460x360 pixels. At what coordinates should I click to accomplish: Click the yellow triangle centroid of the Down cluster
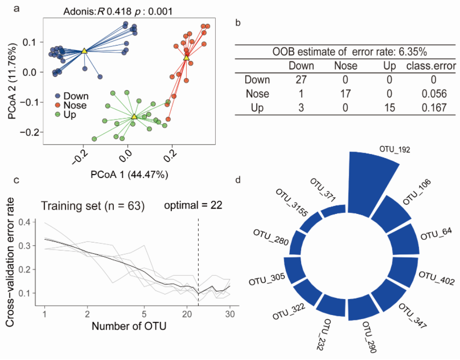coord(84,50)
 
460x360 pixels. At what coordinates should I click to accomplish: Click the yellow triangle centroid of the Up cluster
coord(134,116)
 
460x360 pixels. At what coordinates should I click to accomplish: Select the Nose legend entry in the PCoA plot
coord(75,105)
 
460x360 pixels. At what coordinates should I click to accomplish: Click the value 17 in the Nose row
coord(346,93)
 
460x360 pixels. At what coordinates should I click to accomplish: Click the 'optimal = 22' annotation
coord(194,205)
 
